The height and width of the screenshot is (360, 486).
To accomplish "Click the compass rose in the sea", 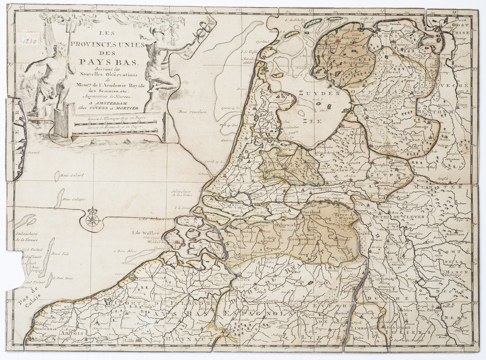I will [92, 220].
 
